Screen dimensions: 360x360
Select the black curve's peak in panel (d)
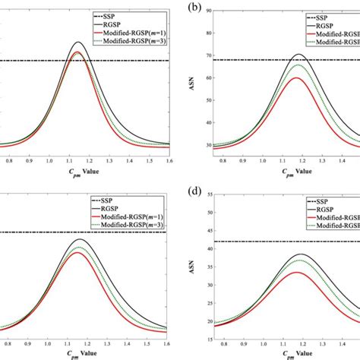coord(300,254)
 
